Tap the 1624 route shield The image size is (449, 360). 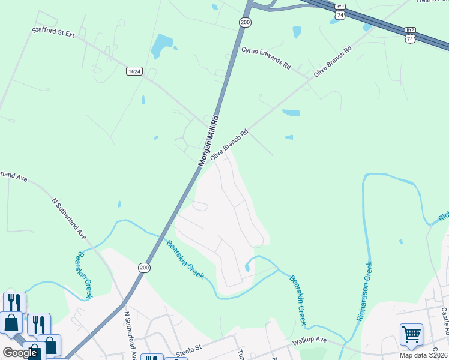tap(134, 71)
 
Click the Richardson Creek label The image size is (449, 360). tap(364, 291)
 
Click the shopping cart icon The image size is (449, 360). tap(411, 334)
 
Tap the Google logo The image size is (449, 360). tap(20, 353)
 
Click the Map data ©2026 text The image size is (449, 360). tap(424, 355)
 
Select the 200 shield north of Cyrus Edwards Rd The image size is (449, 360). tap(245, 22)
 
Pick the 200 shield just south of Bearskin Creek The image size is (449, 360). tap(144, 267)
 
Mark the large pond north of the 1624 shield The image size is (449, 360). tap(162, 45)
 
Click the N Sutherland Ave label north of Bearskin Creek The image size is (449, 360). tap(70, 217)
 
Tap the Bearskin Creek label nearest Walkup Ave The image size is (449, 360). tap(298, 300)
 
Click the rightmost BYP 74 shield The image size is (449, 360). tap(410, 34)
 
